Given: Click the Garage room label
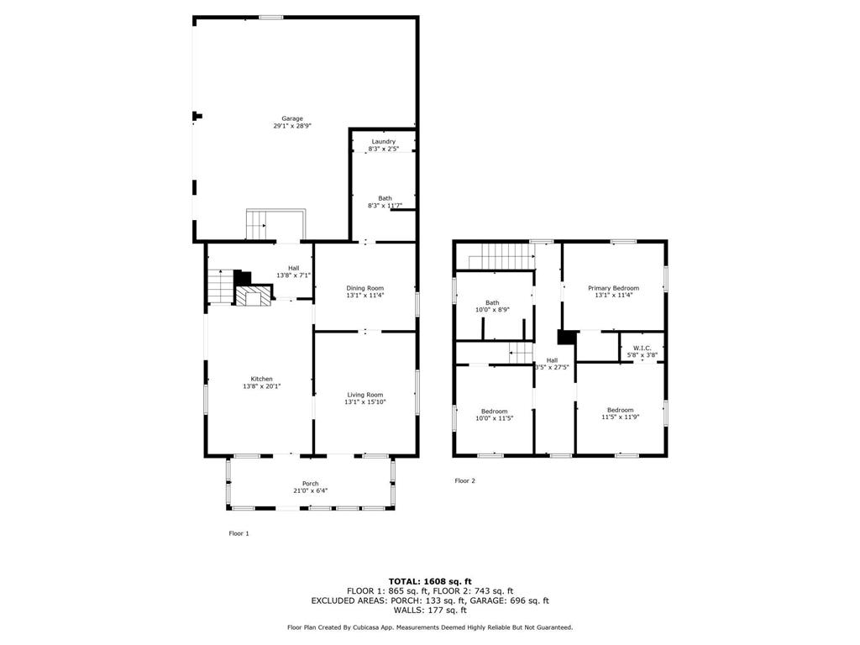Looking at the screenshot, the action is point(292,118).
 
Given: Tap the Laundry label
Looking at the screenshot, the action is point(383,141).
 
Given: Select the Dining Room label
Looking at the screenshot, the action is point(364,288).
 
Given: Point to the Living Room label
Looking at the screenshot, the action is point(364,395).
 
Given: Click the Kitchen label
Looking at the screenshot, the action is point(262,379).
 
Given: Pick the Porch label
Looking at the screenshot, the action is point(311,483).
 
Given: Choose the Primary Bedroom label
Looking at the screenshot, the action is point(613,288).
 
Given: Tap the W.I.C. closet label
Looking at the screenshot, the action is point(642,348).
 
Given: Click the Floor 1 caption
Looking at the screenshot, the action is point(239,533).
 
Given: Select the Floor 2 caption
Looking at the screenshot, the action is point(464,480).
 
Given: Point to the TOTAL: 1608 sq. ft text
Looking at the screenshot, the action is point(430,581).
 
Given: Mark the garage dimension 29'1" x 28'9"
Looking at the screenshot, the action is point(292,126).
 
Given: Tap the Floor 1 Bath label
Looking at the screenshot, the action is point(385,198).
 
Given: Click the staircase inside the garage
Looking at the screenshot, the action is point(255,224).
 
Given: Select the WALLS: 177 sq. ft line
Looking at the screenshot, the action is point(430,610).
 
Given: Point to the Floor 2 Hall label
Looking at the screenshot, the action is point(552,360).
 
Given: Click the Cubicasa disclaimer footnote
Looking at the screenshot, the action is point(430,627).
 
